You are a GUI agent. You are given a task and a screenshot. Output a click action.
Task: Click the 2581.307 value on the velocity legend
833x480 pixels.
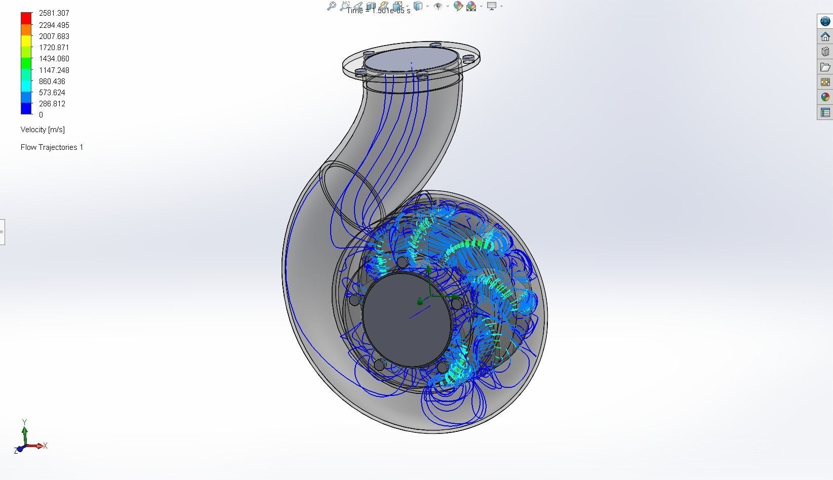pos(54,13)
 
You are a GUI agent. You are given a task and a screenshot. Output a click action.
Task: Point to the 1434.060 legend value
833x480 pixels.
pos(54,59)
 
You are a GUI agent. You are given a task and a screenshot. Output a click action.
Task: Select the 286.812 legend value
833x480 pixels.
pos(52,104)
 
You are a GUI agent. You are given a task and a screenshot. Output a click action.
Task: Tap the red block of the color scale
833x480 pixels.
pos(26,18)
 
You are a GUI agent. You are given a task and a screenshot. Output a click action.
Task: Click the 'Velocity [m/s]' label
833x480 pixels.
pos(43,130)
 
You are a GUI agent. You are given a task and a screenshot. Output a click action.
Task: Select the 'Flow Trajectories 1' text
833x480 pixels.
pos(52,147)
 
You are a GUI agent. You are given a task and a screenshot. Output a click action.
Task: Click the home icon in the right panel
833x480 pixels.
pos(825,36)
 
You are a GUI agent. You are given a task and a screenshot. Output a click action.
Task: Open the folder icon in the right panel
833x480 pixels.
pos(825,67)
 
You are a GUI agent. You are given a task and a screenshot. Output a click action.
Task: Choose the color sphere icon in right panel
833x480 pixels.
pos(825,97)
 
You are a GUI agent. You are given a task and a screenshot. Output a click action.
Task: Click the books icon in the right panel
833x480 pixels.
pos(825,52)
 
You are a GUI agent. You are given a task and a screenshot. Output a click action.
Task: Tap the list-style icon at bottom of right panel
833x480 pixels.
pos(825,112)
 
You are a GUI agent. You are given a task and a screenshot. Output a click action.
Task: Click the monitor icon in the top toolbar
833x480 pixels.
pos(491,6)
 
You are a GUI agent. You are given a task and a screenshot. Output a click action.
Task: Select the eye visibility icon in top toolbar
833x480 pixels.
pos(438,6)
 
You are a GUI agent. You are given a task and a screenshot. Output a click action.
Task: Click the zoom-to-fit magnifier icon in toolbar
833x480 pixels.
pos(331,6)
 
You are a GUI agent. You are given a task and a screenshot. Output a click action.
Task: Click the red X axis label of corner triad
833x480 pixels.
pos(46,446)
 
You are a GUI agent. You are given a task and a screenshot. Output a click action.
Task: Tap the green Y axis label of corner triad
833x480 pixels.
pos(24,422)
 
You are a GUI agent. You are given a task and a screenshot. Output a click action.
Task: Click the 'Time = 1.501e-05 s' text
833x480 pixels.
pos(379,11)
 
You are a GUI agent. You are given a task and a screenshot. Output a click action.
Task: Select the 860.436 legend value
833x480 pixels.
pos(52,82)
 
